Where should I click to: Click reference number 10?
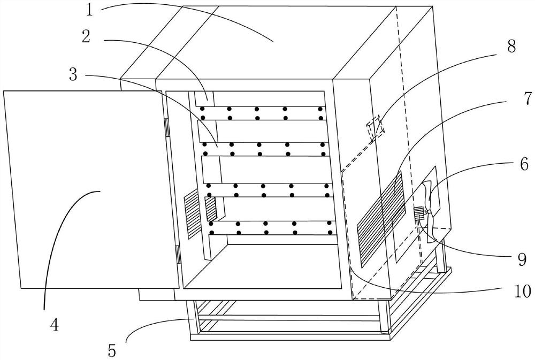(x=521, y=292)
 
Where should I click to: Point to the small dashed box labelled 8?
(x=374, y=127)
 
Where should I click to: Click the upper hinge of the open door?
(x=166, y=127)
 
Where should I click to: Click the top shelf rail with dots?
(x=262, y=113)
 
